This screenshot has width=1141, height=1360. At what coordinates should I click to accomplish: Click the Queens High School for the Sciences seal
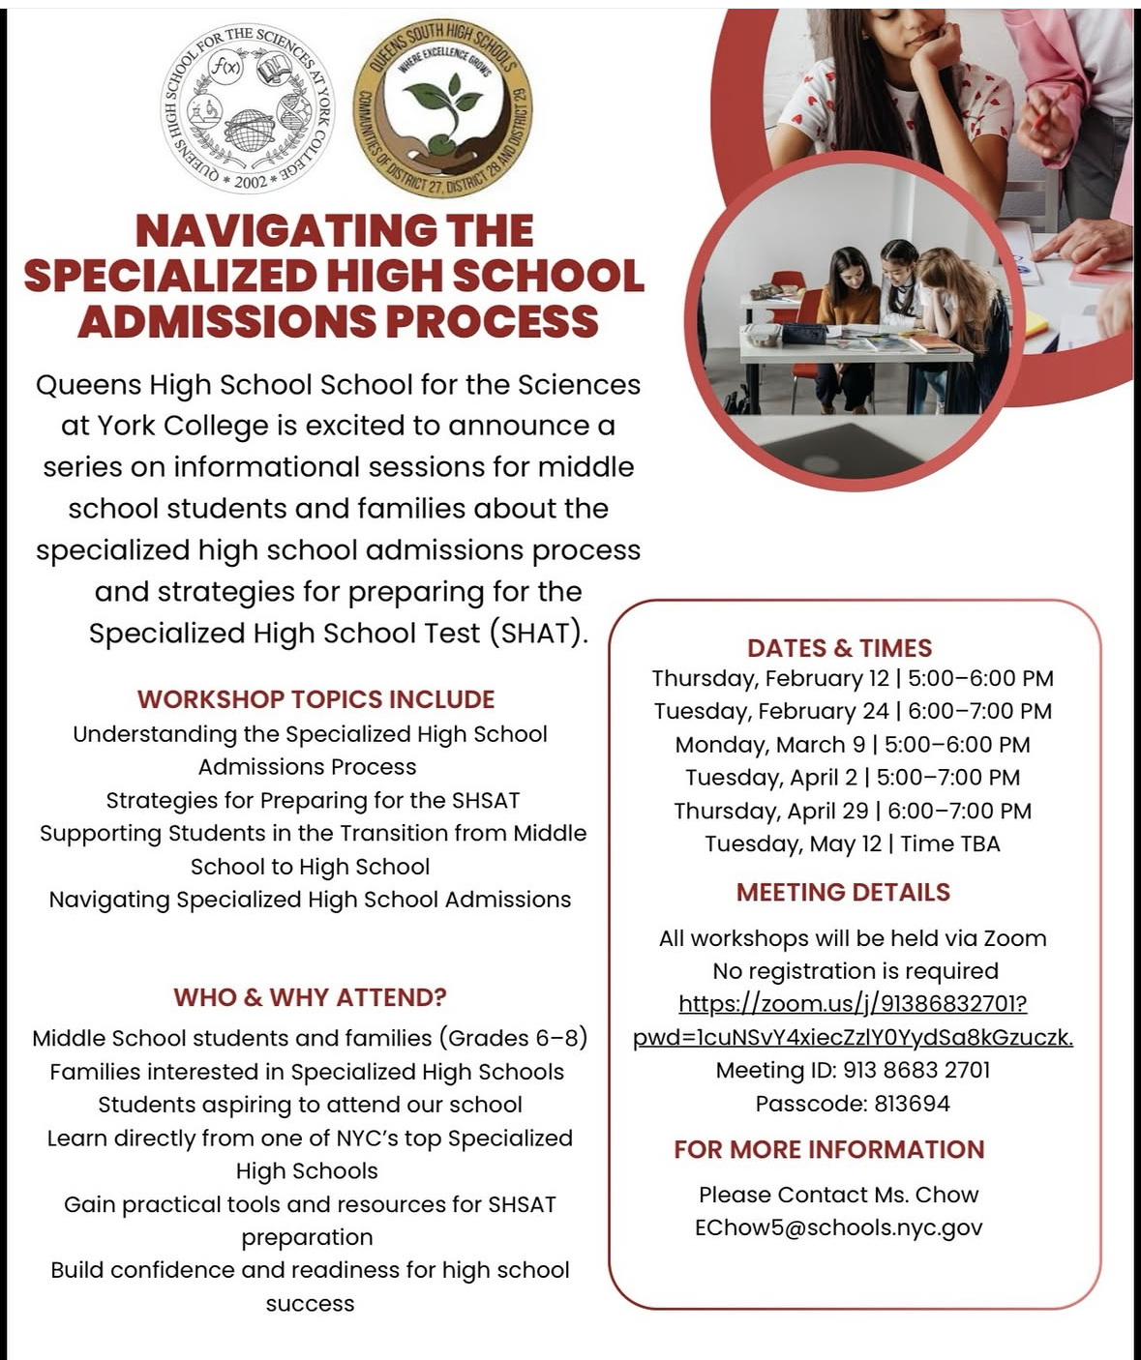coord(248,107)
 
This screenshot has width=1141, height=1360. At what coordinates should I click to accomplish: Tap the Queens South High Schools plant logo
coord(442,108)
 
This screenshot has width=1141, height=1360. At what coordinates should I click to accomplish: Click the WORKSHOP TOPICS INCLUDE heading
coord(315,699)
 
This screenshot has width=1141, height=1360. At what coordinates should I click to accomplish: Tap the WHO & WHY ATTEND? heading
coord(310,997)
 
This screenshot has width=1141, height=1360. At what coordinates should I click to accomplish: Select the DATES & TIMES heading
coord(839,648)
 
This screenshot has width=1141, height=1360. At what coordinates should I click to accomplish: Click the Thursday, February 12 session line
coord(853,679)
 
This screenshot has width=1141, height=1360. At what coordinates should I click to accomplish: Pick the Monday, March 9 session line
coord(853,745)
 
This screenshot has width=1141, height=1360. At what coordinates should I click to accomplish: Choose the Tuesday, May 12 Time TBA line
coord(853,844)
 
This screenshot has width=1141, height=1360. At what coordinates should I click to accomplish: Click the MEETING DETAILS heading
coord(843,892)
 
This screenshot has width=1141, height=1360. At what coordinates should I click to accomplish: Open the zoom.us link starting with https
coord(853,1004)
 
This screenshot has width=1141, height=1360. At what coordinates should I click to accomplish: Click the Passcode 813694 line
coord(853,1104)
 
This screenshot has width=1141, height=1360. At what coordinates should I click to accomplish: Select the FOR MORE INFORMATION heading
coord(829,1149)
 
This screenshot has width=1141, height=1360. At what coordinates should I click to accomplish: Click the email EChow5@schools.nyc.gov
coord(838,1227)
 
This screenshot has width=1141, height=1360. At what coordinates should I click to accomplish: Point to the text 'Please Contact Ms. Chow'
coord(838,1195)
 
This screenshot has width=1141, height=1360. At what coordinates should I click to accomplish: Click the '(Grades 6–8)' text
coord(513,1038)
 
